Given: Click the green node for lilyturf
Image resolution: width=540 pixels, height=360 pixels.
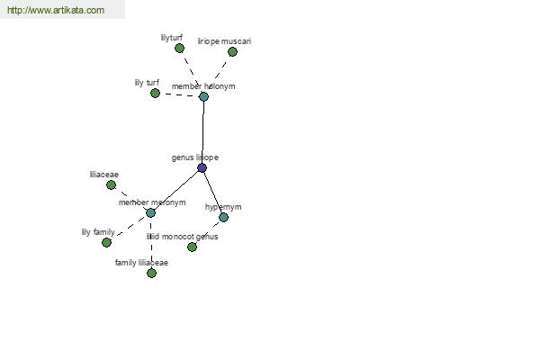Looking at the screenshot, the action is click(179, 49).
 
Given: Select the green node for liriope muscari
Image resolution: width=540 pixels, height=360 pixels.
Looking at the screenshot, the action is click(232, 52).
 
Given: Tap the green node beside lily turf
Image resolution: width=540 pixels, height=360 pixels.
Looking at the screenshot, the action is click(155, 93).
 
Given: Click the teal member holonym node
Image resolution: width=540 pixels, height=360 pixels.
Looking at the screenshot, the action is click(203, 96).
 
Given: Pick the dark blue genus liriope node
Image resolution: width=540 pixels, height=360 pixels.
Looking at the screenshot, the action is click(202, 168).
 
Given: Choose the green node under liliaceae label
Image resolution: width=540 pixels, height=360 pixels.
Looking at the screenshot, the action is click(111, 185).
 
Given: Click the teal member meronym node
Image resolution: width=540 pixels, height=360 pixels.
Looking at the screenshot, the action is click(150, 213).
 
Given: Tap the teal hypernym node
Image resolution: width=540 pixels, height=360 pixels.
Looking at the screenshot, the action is click(223, 218).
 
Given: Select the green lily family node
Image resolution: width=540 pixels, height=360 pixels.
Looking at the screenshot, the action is click(107, 242).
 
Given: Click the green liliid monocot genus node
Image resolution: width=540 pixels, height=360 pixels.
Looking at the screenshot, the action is click(192, 247).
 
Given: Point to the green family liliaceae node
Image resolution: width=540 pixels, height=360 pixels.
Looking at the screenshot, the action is click(151, 274).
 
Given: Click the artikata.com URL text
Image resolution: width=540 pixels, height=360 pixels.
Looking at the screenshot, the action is click(56, 10).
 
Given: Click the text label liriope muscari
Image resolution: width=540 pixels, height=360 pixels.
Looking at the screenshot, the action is click(224, 41).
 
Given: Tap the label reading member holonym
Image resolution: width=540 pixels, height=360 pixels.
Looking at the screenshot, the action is click(203, 86).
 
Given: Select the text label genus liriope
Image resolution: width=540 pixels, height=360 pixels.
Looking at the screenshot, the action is click(195, 157).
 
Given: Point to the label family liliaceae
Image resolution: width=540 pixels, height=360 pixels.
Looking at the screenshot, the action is click(141, 263).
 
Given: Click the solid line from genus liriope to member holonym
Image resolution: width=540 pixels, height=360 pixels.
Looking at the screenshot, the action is click(202, 132).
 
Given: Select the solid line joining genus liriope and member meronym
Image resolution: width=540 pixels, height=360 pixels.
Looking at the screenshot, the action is click(176, 191).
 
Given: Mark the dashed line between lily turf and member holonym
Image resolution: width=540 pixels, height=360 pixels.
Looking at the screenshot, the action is click(179, 94).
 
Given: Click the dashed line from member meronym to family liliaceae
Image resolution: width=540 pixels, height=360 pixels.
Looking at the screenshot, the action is click(151, 243).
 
